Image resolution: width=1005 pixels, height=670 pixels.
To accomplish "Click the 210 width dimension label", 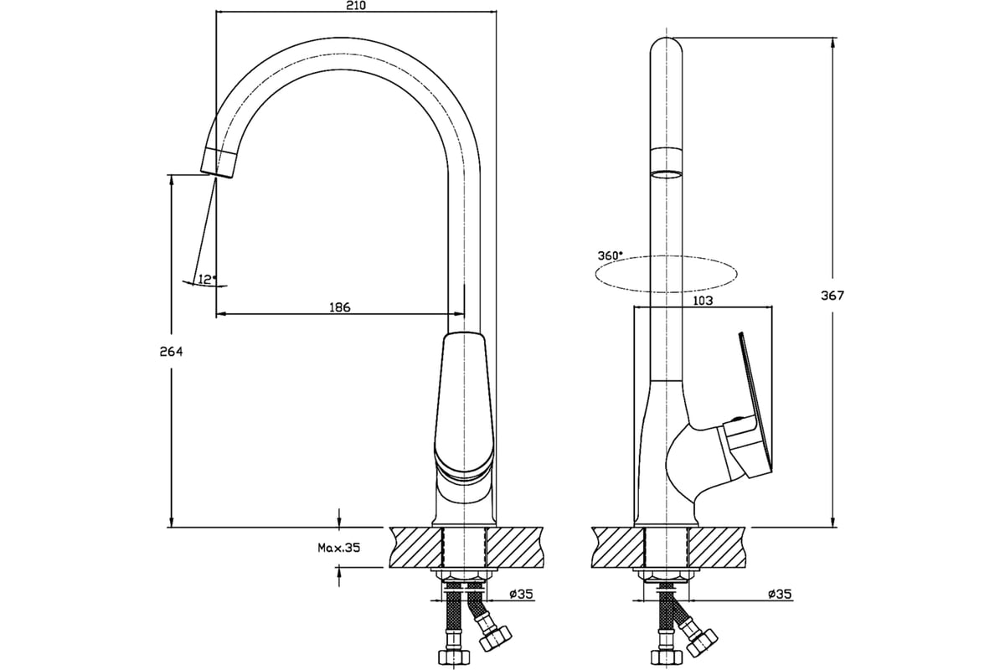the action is click(x=356, y=5).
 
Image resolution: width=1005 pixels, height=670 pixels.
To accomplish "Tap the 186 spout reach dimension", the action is click(x=340, y=307).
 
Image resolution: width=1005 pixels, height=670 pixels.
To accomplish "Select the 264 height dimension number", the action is click(x=172, y=352).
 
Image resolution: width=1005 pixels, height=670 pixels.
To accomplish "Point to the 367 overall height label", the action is click(x=832, y=296).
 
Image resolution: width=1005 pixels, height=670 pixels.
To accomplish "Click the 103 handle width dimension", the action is click(x=703, y=301).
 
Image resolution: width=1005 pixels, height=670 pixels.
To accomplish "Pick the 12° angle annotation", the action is click(x=207, y=280).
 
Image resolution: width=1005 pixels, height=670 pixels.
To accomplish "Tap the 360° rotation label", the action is click(x=611, y=255).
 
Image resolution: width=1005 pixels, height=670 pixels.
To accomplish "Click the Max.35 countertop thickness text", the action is click(x=338, y=548).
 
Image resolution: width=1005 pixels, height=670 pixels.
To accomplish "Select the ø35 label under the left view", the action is click(x=521, y=594).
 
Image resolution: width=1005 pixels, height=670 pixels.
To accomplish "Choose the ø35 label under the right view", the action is click(x=780, y=594).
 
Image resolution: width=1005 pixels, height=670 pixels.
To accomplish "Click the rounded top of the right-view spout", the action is click(x=667, y=45).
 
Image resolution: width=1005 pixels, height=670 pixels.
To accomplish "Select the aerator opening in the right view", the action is click(x=667, y=174).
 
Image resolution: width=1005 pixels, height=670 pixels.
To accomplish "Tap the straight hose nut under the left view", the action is click(x=454, y=657).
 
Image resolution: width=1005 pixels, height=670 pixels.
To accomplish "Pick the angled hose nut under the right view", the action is click(x=702, y=642).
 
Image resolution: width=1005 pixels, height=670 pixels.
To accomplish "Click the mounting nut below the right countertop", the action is click(x=667, y=577).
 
